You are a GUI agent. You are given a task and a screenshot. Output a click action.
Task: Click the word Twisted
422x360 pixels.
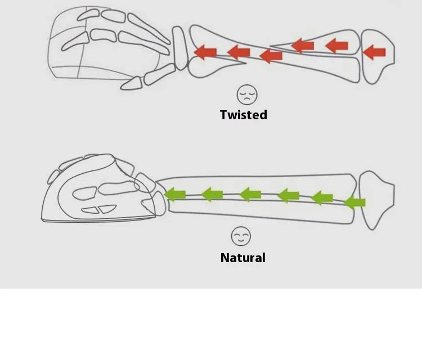[x=243, y=115]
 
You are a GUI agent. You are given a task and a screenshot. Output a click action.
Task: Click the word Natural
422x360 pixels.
[x=243, y=258]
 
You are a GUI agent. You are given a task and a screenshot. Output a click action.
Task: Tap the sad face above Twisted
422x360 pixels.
[x=246, y=94]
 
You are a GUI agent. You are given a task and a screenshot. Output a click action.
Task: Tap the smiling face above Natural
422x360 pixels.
[x=241, y=236]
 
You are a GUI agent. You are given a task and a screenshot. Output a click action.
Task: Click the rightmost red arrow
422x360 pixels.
[x=374, y=53]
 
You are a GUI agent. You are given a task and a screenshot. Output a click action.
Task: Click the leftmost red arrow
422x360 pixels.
[x=205, y=52]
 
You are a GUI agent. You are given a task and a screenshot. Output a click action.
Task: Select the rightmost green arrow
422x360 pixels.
[x=354, y=201]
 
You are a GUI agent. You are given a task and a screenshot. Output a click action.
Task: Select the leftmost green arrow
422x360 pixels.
[x=175, y=195]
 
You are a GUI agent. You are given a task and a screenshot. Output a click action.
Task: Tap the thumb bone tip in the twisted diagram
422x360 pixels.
[x=131, y=84]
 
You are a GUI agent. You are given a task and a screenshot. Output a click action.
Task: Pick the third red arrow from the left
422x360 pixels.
[x=271, y=55]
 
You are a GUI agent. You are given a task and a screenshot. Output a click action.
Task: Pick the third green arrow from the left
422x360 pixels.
[x=250, y=195]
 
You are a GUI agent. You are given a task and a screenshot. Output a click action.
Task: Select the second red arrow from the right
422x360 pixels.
[x=337, y=45]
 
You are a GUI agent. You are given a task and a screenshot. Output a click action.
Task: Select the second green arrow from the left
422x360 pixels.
[x=212, y=195]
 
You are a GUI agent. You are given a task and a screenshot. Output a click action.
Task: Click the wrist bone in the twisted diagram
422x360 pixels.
[x=180, y=48]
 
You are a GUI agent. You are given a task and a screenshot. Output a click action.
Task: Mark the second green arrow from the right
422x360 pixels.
[x=322, y=197]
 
